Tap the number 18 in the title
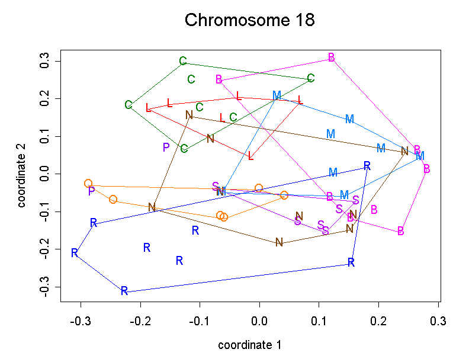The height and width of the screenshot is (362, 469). coord(301,20)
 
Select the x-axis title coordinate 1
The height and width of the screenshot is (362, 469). coord(249,345)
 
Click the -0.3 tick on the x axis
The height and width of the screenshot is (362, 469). coord(81,321)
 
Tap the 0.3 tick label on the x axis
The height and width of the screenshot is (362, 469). coord(438,321)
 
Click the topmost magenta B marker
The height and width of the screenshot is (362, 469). coord(331,57)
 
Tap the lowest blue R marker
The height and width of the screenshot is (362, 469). coord(124,291)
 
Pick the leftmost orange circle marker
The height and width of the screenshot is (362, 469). coord(88,184)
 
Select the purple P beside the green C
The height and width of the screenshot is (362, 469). coord(166,147)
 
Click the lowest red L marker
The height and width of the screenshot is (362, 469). coord(251,156)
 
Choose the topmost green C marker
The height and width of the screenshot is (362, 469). coord(183,61)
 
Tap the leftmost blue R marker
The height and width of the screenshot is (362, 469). coord(75,253)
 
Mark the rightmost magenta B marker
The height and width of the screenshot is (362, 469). coord(426,169)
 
